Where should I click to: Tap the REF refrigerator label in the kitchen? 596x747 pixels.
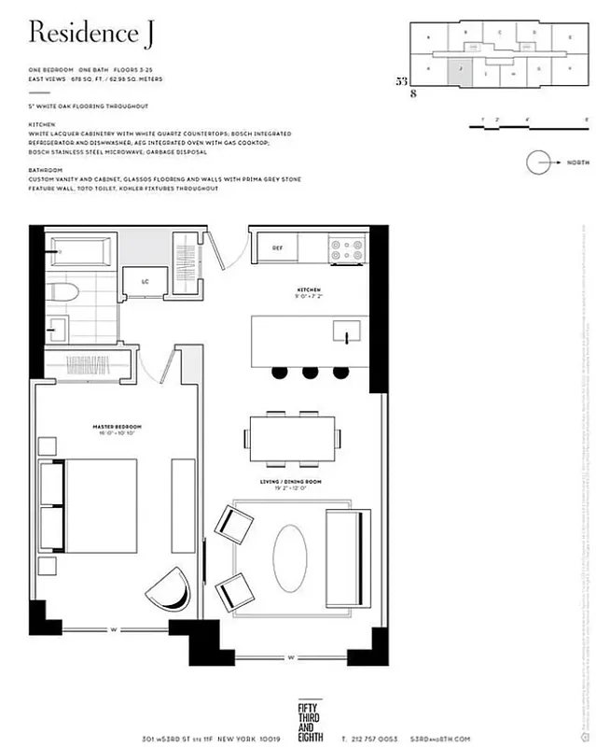point(277,248)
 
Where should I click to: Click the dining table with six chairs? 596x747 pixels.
point(291,438)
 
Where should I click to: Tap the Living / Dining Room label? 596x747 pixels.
point(292,483)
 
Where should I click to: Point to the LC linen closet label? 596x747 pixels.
point(146,279)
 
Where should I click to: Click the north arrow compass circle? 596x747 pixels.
point(540,162)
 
